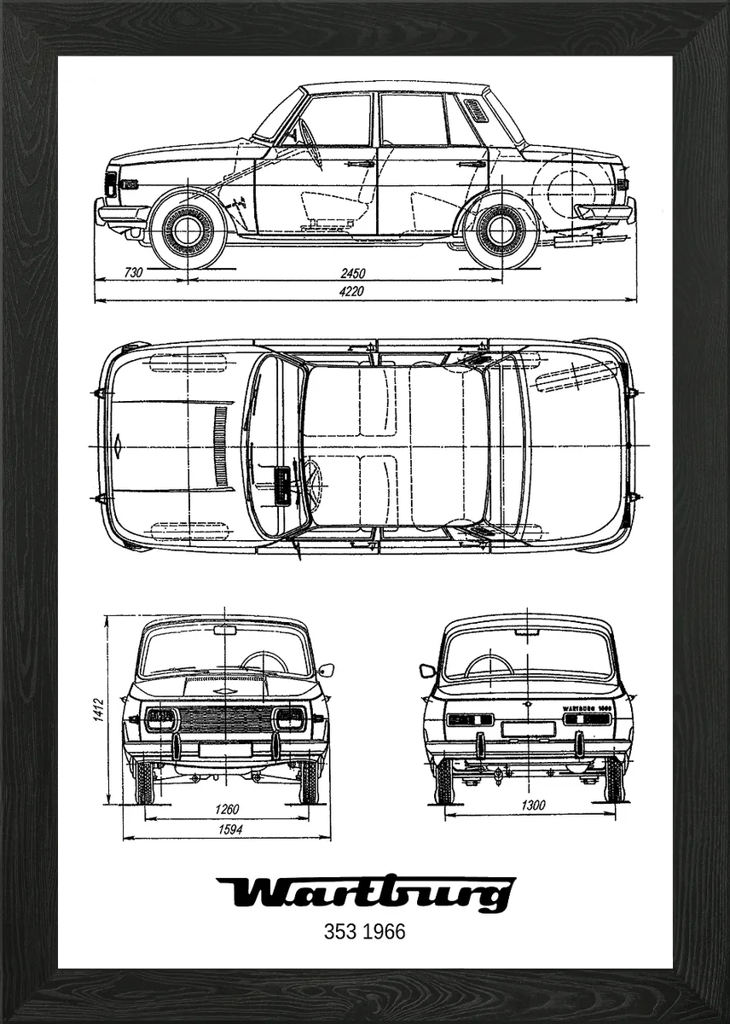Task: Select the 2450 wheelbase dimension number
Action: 352,273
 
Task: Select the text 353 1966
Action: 365,931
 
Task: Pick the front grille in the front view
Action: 225,719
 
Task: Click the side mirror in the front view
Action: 326,670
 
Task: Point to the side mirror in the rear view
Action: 427,671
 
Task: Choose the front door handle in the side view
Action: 362,163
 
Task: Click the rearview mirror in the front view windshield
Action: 225,631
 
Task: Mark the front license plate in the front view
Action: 225,749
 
